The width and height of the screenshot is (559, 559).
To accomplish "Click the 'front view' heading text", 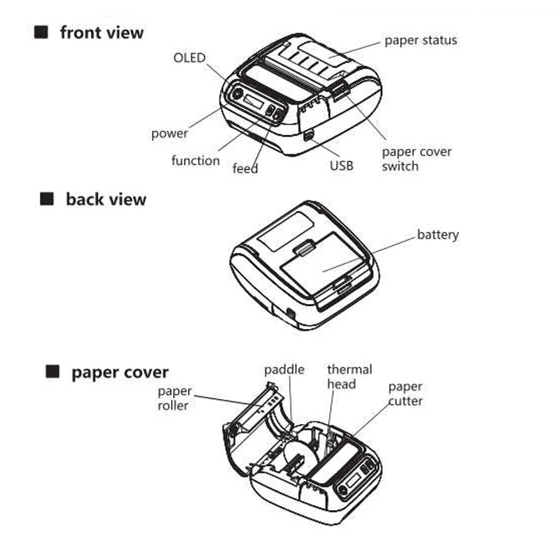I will pos(101,32).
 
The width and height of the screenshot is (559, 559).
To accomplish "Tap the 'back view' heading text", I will pos(106,199).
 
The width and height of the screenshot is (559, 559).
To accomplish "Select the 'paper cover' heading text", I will pos(119,372).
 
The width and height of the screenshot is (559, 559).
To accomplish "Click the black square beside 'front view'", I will pos(42,31).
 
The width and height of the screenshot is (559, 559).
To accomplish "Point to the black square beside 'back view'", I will pos(47,199).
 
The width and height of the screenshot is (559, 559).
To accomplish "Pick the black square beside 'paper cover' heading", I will pos(52,372).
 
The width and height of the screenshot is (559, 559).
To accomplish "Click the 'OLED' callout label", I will pos(189,57).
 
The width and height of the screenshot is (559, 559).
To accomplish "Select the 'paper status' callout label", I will pos(421,40).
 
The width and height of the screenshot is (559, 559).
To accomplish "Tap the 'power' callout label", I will pos(170,133).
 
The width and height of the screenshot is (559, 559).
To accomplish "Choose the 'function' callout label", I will pos(196,161).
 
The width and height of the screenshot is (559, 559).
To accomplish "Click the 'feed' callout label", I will pos(245,168).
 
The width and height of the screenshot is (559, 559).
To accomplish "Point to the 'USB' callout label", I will pos(342,166).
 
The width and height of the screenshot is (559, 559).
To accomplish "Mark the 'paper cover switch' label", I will pos(416,159).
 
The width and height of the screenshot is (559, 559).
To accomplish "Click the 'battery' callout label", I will pos(438,234).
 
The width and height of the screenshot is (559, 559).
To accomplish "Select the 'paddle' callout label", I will pos(284,370).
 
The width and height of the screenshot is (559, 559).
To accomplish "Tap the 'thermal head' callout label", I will pos(349,376).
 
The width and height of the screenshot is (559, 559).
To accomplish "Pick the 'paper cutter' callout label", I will pos(405,393).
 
